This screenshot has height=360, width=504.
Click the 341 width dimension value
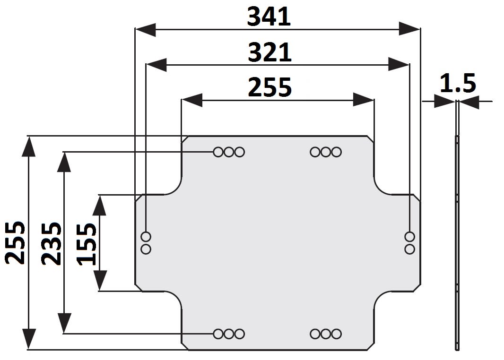click(x=269, y=17)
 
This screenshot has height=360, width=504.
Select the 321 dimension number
click(x=270, y=52)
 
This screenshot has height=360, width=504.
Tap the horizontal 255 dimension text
click(x=270, y=87)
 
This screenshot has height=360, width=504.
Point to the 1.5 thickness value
click(x=457, y=84)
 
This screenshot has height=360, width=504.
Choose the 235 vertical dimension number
click(x=51, y=243)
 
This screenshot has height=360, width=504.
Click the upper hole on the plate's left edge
click(x=146, y=236)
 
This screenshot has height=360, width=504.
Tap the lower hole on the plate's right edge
click(x=410, y=249)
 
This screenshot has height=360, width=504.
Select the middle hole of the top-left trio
click(x=229, y=152)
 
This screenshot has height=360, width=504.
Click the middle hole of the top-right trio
click(x=326, y=152)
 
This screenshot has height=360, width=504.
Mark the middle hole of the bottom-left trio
click(x=229, y=334)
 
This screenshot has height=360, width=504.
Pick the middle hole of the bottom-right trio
click(x=326, y=334)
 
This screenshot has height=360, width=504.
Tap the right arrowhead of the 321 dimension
click(x=398, y=65)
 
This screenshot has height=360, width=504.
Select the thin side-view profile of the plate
click(x=457, y=236)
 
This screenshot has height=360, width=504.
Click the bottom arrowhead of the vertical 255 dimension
click(x=29, y=339)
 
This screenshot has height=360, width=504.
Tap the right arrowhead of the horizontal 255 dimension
click(x=364, y=100)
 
